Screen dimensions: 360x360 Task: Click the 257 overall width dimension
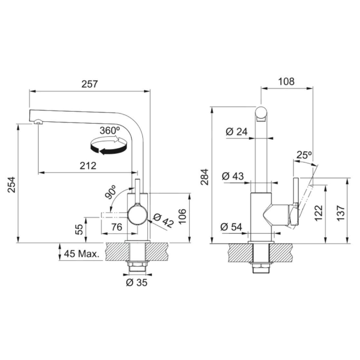pyautogui.click(x=90, y=84)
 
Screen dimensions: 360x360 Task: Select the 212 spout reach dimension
pyautogui.click(x=88, y=166)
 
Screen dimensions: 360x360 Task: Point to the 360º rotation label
pyautogui.click(x=110, y=130)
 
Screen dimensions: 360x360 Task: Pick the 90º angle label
pyautogui.click(x=110, y=192)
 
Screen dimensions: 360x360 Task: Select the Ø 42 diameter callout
pyautogui.click(x=163, y=220)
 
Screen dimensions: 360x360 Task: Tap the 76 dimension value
pyautogui.click(x=117, y=228)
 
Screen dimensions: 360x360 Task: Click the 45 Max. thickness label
pyautogui.click(x=82, y=254)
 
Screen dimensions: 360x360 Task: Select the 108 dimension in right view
pyautogui.click(x=286, y=81)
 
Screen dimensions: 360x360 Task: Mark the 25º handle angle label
pyautogui.click(x=304, y=155)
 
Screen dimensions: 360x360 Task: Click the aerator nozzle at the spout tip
pyautogui.click(x=38, y=121)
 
